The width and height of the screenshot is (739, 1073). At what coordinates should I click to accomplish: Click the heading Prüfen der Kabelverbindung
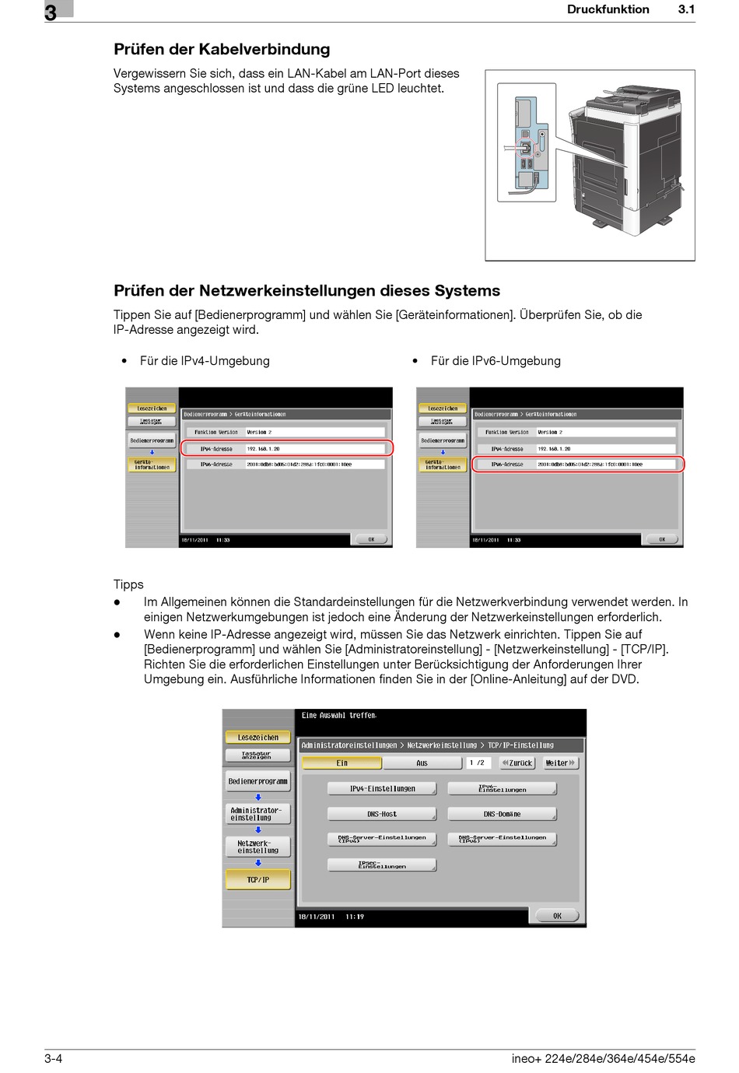click(222, 50)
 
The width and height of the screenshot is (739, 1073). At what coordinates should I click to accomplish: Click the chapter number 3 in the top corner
click(51, 12)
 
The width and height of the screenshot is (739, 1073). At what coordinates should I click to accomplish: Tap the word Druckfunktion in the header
click(608, 10)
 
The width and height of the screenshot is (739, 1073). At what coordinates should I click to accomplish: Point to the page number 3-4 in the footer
click(54, 1058)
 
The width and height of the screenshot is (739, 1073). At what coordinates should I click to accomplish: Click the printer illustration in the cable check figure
click(626, 160)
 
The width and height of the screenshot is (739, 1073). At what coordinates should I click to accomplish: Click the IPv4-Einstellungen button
click(382, 789)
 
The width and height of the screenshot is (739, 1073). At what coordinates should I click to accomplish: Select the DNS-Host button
click(382, 814)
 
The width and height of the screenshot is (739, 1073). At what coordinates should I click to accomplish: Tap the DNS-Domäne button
click(503, 814)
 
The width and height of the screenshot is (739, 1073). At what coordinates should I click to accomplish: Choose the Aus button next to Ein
click(422, 763)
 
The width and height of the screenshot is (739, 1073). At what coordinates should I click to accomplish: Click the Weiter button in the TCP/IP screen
click(560, 763)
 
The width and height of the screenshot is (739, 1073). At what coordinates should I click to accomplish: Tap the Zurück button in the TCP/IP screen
click(517, 763)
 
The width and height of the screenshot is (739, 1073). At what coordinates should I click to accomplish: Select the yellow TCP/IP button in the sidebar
click(258, 880)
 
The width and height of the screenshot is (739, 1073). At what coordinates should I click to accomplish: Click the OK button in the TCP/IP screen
click(557, 916)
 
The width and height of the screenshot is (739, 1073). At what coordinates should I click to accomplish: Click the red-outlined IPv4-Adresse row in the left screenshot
click(287, 449)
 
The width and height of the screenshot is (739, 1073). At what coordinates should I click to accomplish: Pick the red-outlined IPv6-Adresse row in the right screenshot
click(577, 465)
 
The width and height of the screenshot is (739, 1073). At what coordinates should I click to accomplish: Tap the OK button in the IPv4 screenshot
click(372, 539)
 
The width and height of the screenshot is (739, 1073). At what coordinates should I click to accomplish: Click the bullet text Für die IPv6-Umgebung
click(496, 361)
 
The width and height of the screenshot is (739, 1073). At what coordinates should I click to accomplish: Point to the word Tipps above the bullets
click(128, 584)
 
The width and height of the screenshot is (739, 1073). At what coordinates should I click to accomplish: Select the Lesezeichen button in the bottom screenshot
click(258, 738)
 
